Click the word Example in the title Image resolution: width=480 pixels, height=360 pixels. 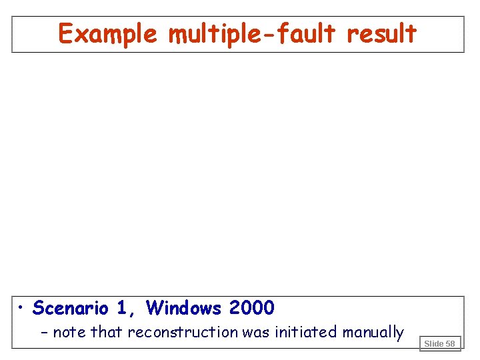pyautogui.click(x=107, y=33)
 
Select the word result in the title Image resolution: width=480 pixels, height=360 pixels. pyautogui.click(x=382, y=33)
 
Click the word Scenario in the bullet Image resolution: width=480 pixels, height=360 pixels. pyautogui.click(x=70, y=308)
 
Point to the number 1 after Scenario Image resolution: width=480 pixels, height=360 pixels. pyautogui.click(x=121, y=308)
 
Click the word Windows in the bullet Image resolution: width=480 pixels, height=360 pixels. pyautogui.click(x=184, y=308)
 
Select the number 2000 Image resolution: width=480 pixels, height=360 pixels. pyautogui.click(x=251, y=308)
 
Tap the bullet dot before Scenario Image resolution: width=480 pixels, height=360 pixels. pyautogui.click(x=22, y=308)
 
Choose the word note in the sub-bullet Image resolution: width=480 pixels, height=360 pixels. pyautogui.click(x=69, y=332)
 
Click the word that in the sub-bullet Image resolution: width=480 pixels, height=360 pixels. pyautogui.click(x=107, y=332)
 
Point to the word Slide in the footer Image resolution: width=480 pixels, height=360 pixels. pyautogui.click(x=434, y=343)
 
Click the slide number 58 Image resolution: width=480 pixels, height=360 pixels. pyautogui.click(x=451, y=343)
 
